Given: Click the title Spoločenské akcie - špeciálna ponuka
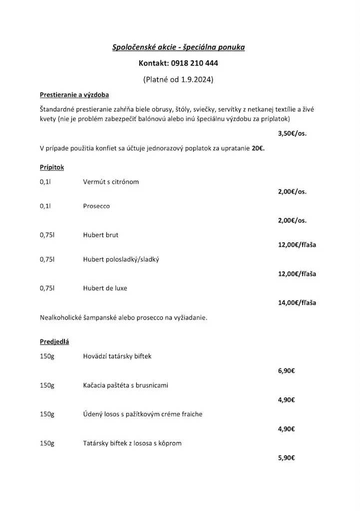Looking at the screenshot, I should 178,48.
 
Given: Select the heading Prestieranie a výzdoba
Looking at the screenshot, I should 74,95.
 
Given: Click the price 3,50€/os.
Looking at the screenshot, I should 292,134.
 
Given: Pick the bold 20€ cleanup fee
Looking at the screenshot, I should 258,149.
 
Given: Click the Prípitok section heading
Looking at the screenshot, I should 51,167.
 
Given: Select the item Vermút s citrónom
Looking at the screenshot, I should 111,182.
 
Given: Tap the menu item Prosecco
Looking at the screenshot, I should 96,206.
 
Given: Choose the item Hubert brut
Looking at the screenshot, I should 101,235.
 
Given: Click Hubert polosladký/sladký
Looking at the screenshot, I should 121,259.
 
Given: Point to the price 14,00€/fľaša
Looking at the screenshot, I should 297,302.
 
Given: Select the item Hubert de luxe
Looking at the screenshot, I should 105,288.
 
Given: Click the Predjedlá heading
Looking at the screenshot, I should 54,342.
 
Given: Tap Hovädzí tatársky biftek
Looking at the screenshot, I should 117,356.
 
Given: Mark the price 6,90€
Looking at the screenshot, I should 287,371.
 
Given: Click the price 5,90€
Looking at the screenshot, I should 287,457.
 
